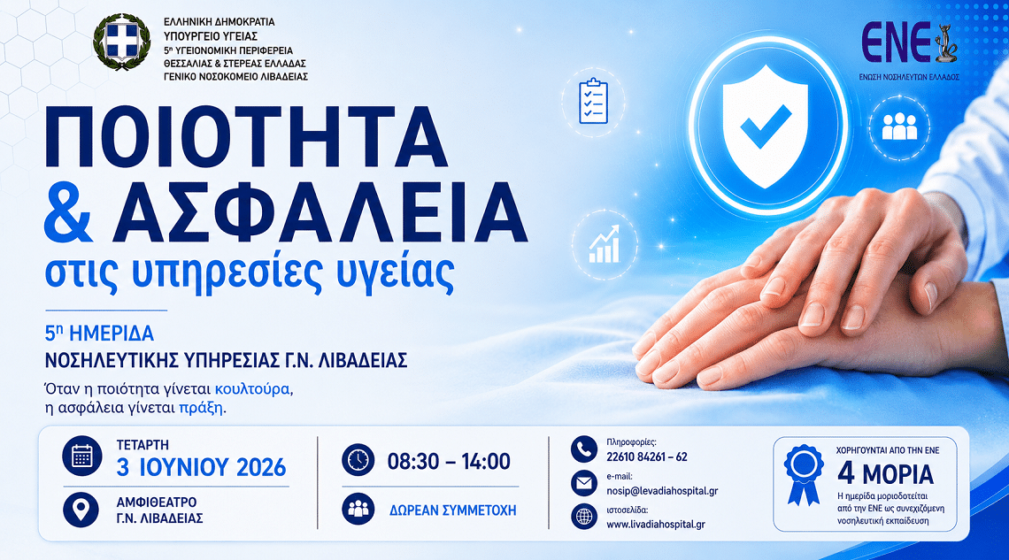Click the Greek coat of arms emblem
click(x=121, y=42)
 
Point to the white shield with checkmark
click(x=765, y=126)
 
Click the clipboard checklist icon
click(x=593, y=101)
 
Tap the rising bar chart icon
click(x=604, y=244)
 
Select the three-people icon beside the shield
click(x=899, y=127)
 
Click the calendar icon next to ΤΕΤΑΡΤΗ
click(x=81, y=456)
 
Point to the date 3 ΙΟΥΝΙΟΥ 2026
click(x=201, y=467)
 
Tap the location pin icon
click(x=81, y=510)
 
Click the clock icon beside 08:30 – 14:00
click(x=358, y=460)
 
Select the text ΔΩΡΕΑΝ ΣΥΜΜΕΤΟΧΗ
click(x=452, y=510)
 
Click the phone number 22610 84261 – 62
click(x=647, y=457)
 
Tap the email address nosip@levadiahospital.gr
click(x=662, y=491)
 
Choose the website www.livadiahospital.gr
click(x=656, y=524)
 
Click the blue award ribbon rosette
click(x=803, y=474)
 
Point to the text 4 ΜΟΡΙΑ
click(x=885, y=474)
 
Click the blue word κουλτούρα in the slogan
click(x=252, y=389)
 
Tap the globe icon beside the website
click(x=583, y=517)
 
